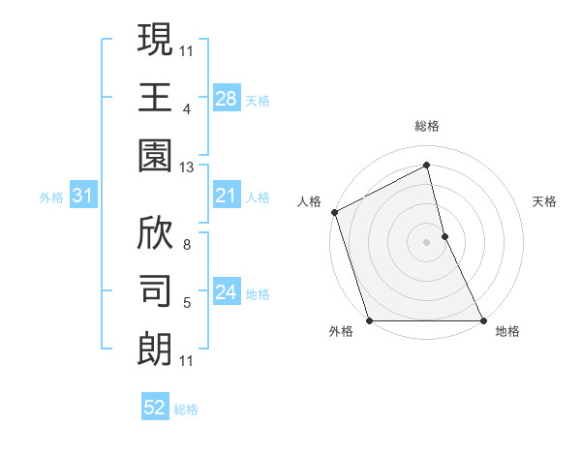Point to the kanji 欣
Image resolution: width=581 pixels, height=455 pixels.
155,232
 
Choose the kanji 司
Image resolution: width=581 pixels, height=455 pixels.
155,291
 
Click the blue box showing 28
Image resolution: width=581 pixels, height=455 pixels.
226,98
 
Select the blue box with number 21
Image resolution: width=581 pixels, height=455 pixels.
226,196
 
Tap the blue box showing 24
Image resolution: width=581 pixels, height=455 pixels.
226,292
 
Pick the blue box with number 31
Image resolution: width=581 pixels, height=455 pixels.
82,196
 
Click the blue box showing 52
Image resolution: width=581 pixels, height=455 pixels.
154,408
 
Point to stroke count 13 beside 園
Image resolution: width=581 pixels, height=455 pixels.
187,167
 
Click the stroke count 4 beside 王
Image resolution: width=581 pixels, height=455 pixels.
187,108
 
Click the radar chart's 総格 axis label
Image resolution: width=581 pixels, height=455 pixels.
427,126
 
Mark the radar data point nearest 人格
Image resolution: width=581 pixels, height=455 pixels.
334,212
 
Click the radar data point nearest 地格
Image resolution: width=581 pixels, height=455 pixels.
482,320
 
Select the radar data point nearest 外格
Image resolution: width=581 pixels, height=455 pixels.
370,320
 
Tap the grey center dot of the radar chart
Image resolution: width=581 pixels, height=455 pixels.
426,242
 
